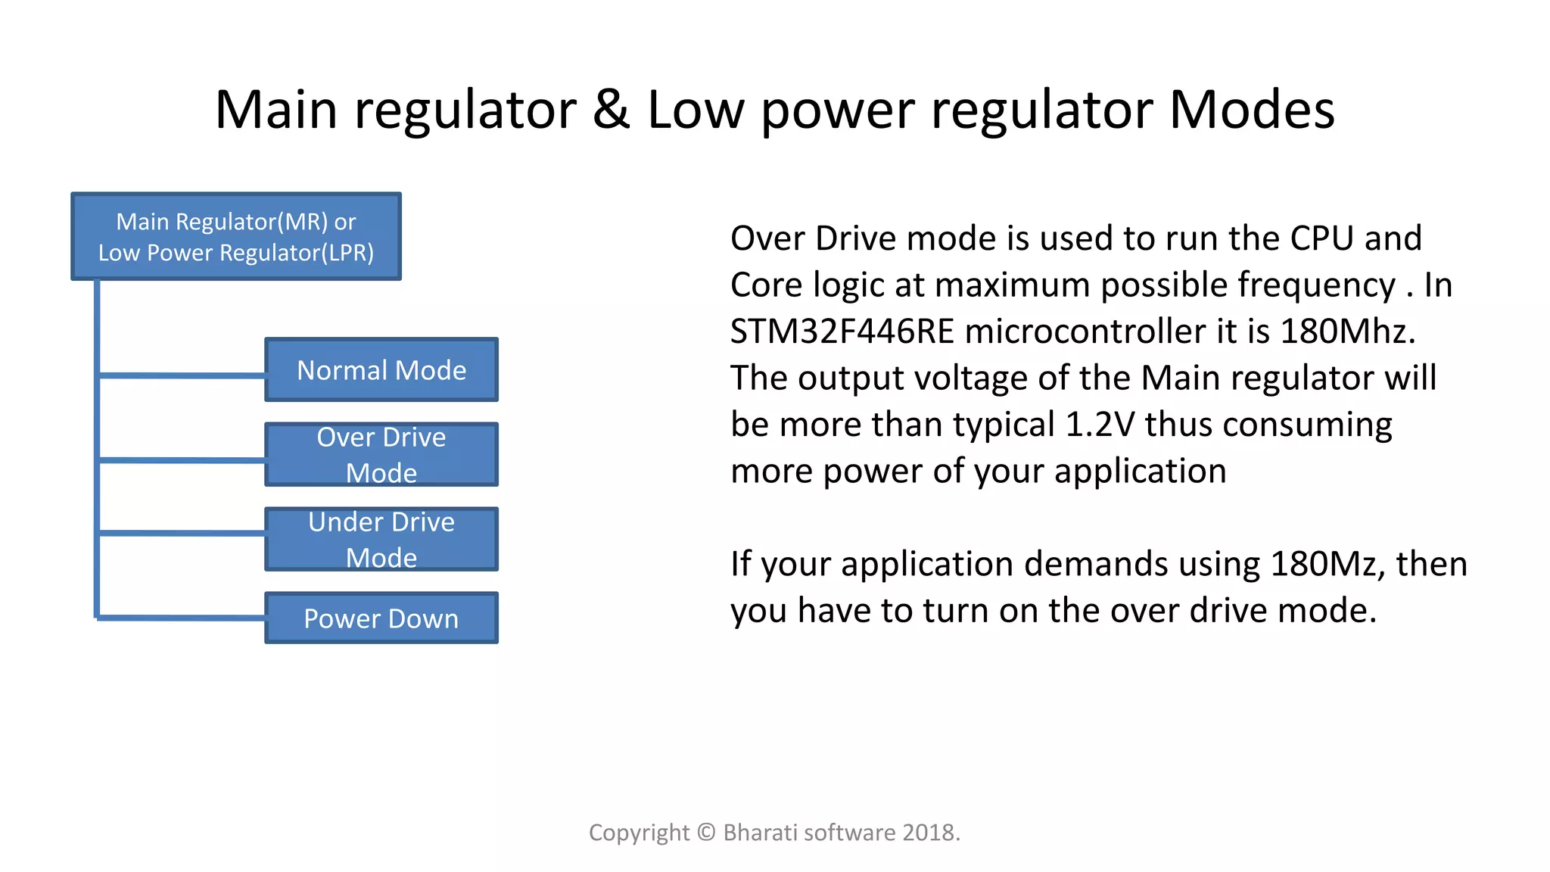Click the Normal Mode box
pyautogui.click(x=381, y=370)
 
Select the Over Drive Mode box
pyautogui.click(x=381, y=454)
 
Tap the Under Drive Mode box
pyautogui.click(x=381, y=539)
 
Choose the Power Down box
pyautogui.click(x=381, y=618)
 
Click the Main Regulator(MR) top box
pyautogui.click(x=236, y=236)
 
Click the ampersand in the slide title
pyautogui.click(x=611, y=110)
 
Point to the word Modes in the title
pyautogui.click(x=1252, y=110)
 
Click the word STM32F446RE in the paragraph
pyautogui.click(x=842, y=332)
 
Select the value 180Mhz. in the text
pyautogui.click(x=1348, y=332)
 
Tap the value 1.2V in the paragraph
pyautogui.click(x=1100, y=425)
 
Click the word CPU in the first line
pyautogui.click(x=1321, y=238)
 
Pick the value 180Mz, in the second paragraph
pyautogui.click(x=1327, y=564)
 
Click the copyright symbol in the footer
pyautogui.click(x=706, y=833)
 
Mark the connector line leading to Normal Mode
pyautogui.click(x=182, y=375)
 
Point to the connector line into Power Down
pyautogui.click(x=182, y=618)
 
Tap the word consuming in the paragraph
pyautogui.click(x=1307, y=425)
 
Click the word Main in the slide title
pyautogui.click(x=276, y=110)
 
